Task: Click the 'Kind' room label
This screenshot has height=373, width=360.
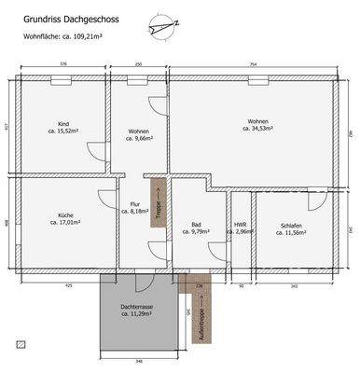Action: [x=64, y=124]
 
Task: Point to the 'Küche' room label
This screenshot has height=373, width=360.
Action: [x=64, y=215]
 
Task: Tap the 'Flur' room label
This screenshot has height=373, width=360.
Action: [x=134, y=204]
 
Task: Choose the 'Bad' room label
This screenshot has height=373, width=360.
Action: [x=196, y=225]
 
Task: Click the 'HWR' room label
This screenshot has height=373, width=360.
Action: [x=240, y=224]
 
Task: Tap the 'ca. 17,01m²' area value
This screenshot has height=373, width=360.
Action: [x=64, y=224]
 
